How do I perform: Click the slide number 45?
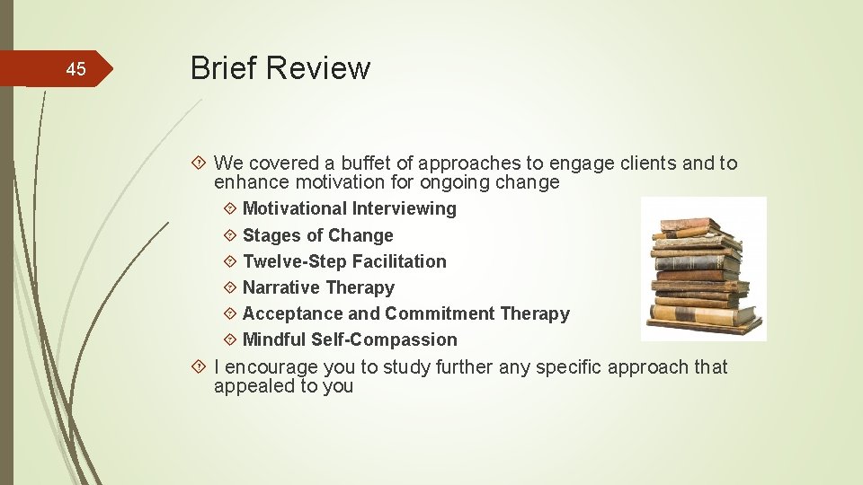[x=76, y=69]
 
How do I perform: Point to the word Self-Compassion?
[x=384, y=340]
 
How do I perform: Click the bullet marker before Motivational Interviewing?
[x=230, y=209]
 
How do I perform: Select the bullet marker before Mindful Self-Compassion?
[x=230, y=340]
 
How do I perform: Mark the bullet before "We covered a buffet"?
[x=201, y=163]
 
